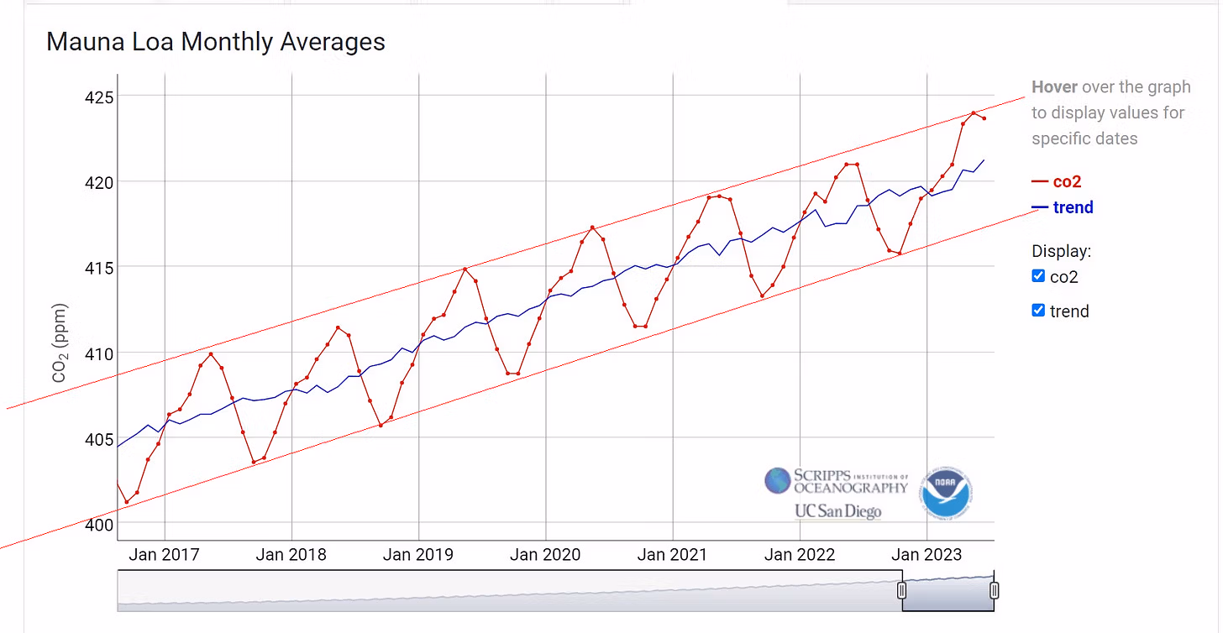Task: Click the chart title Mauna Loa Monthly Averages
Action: point(215,42)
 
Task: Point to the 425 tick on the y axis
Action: point(100,97)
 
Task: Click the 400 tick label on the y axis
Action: point(100,526)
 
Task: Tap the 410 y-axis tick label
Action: point(100,353)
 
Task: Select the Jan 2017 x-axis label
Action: point(164,555)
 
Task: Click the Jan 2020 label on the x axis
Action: point(545,555)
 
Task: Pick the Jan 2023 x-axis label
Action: point(926,555)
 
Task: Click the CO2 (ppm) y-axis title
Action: point(60,343)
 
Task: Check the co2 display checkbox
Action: point(1038,276)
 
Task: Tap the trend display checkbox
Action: point(1038,311)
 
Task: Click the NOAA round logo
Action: point(946,493)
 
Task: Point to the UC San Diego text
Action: point(837,511)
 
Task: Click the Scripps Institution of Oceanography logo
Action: point(836,481)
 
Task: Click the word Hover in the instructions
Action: point(1054,87)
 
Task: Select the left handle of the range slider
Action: point(902,590)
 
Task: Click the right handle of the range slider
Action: point(994,590)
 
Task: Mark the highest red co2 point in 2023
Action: point(974,112)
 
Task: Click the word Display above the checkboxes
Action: point(1061,251)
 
